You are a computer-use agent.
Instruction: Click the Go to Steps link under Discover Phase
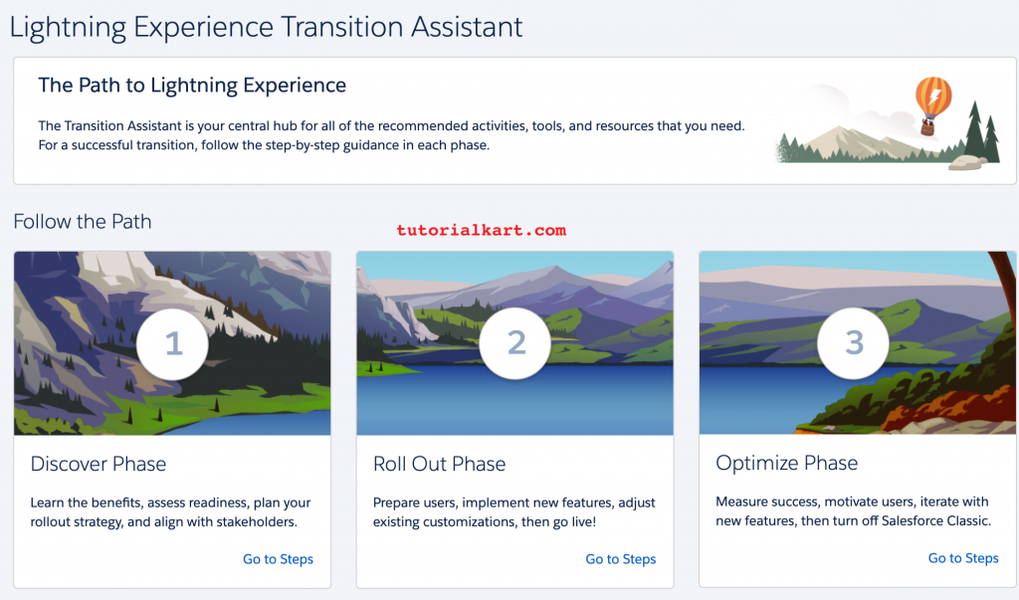click(x=279, y=559)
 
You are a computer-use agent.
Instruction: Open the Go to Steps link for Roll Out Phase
click(x=621, y=559)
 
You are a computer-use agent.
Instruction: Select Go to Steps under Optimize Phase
click(x=963, y=558)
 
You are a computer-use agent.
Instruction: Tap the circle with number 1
click(x=172, y=344)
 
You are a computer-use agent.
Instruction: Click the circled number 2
click(x=515, y=342)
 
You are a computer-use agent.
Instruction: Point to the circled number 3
click(x=853, y=342)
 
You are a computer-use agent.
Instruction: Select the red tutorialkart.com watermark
click(x=482, y=230)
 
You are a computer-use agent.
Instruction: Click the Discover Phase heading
click(x=99, y=464)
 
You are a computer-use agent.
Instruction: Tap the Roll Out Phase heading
click(x=439, y=464)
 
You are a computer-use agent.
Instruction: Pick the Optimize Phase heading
click(x=786, y=463)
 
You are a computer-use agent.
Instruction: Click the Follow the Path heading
click(x=83, y=221)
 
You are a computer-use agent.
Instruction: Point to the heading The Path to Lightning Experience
click(x=192, y=86)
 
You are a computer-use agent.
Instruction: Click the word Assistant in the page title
click(x=467, y=27)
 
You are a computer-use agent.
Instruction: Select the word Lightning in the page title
click(x=68, y=28)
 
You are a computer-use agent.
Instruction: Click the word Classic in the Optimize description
click(x=967, y=520)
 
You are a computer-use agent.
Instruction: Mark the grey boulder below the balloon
click(x=967, y=162)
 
